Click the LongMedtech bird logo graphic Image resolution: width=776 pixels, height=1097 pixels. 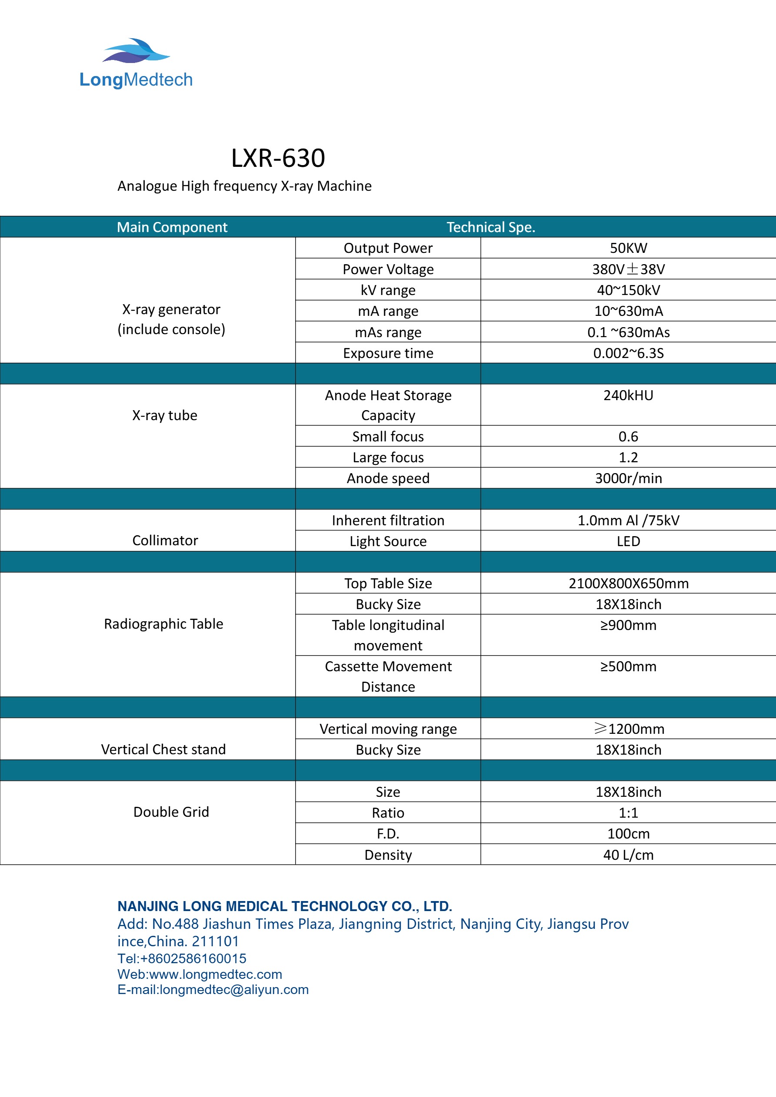(x=136, y=51)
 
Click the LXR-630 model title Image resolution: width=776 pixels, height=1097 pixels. (x=278, y=158)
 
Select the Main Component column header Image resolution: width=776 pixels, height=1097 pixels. (x=172, y=227)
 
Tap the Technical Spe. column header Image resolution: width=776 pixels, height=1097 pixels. (x=490, y=227)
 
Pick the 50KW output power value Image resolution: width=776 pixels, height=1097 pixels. (x=628, y=248)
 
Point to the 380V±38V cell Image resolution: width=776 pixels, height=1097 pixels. (x=628, y=269)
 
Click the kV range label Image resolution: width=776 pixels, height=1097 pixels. (x=388, y=290)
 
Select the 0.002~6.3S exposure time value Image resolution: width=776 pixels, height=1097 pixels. (x=628, y=353)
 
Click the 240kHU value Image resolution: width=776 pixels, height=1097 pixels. (x=628, y=395)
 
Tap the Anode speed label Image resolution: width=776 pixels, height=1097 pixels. (x=388, y=478)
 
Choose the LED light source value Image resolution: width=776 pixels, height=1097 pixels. (x=628, y=541)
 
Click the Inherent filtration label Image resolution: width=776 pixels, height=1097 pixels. (x=388, y=520)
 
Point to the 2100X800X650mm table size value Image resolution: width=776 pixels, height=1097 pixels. (x=628, y=583)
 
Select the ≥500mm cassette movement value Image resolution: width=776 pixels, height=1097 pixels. (x=628, y=666)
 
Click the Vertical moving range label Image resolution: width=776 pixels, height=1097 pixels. (x=388, y=729)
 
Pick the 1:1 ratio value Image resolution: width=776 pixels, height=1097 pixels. (x=628, y=813)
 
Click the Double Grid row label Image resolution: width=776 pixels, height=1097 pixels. (x=171, y=812)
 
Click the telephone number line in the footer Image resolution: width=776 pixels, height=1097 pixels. (x=182, y=958)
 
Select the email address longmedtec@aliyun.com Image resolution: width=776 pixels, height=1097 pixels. (x=234, y=990)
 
